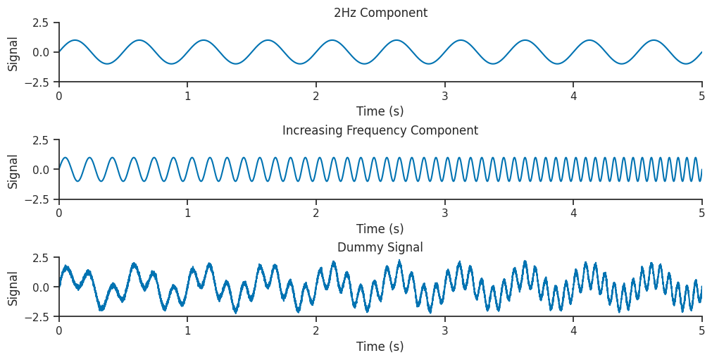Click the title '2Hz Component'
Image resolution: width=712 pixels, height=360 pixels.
(x=380, y=13)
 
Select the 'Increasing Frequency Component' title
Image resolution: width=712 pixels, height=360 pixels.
(x=380, y=130)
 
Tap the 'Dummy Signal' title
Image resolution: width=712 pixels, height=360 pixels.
(x=380, y=247)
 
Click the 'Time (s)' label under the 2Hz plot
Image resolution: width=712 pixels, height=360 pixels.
(x=380, y=111)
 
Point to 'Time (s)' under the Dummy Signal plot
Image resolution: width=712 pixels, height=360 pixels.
(x=380, y=347)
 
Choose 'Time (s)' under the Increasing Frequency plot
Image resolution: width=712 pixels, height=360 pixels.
(x=380, y=229)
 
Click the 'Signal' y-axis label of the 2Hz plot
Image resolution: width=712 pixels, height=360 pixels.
(x=13, y=52)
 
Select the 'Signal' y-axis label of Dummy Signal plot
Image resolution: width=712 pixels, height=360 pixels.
(x=13, y=287)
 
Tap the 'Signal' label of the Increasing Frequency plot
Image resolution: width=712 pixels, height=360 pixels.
(x=13, y=170)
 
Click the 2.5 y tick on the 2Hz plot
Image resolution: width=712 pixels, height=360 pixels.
(x=40, y=23)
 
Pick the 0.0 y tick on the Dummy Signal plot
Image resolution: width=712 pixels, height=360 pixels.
(x=40, y=287)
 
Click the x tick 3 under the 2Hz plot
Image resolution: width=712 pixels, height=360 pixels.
(x=445, y=95)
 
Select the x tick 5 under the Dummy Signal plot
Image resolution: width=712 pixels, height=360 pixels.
(x=702, y=330)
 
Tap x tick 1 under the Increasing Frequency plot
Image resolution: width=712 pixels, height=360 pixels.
(x=187, y=213)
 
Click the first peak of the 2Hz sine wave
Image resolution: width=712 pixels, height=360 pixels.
(x=75, y=40)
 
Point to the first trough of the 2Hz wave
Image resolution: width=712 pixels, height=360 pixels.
(x=107, y=64)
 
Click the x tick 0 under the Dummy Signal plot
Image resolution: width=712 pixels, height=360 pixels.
(x=59, y=330)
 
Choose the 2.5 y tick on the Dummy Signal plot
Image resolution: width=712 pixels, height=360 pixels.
(x=40, y=258)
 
